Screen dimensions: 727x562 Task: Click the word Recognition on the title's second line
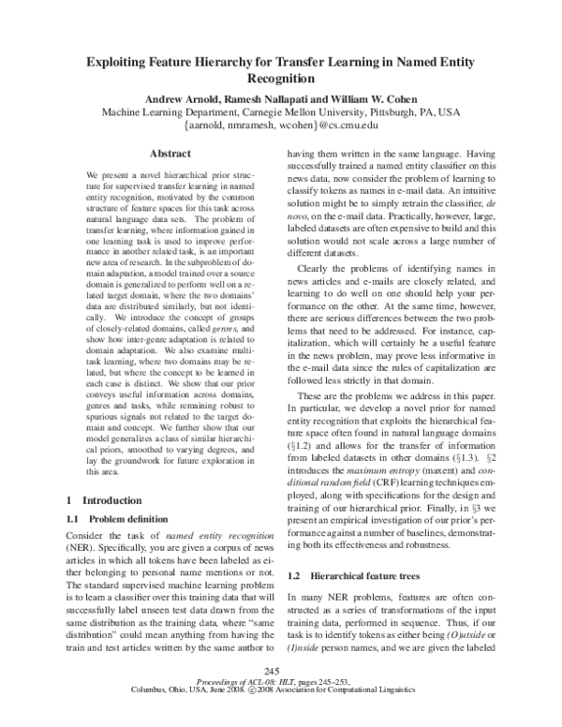281,80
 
